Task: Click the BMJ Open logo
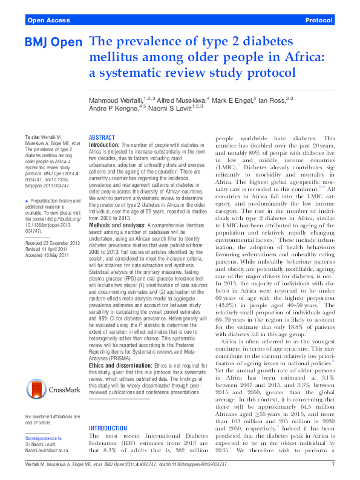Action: coord(53,43)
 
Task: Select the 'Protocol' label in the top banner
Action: coord(319,21)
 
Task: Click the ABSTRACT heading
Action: coord(102,138)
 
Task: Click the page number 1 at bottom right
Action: coord(333,464)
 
